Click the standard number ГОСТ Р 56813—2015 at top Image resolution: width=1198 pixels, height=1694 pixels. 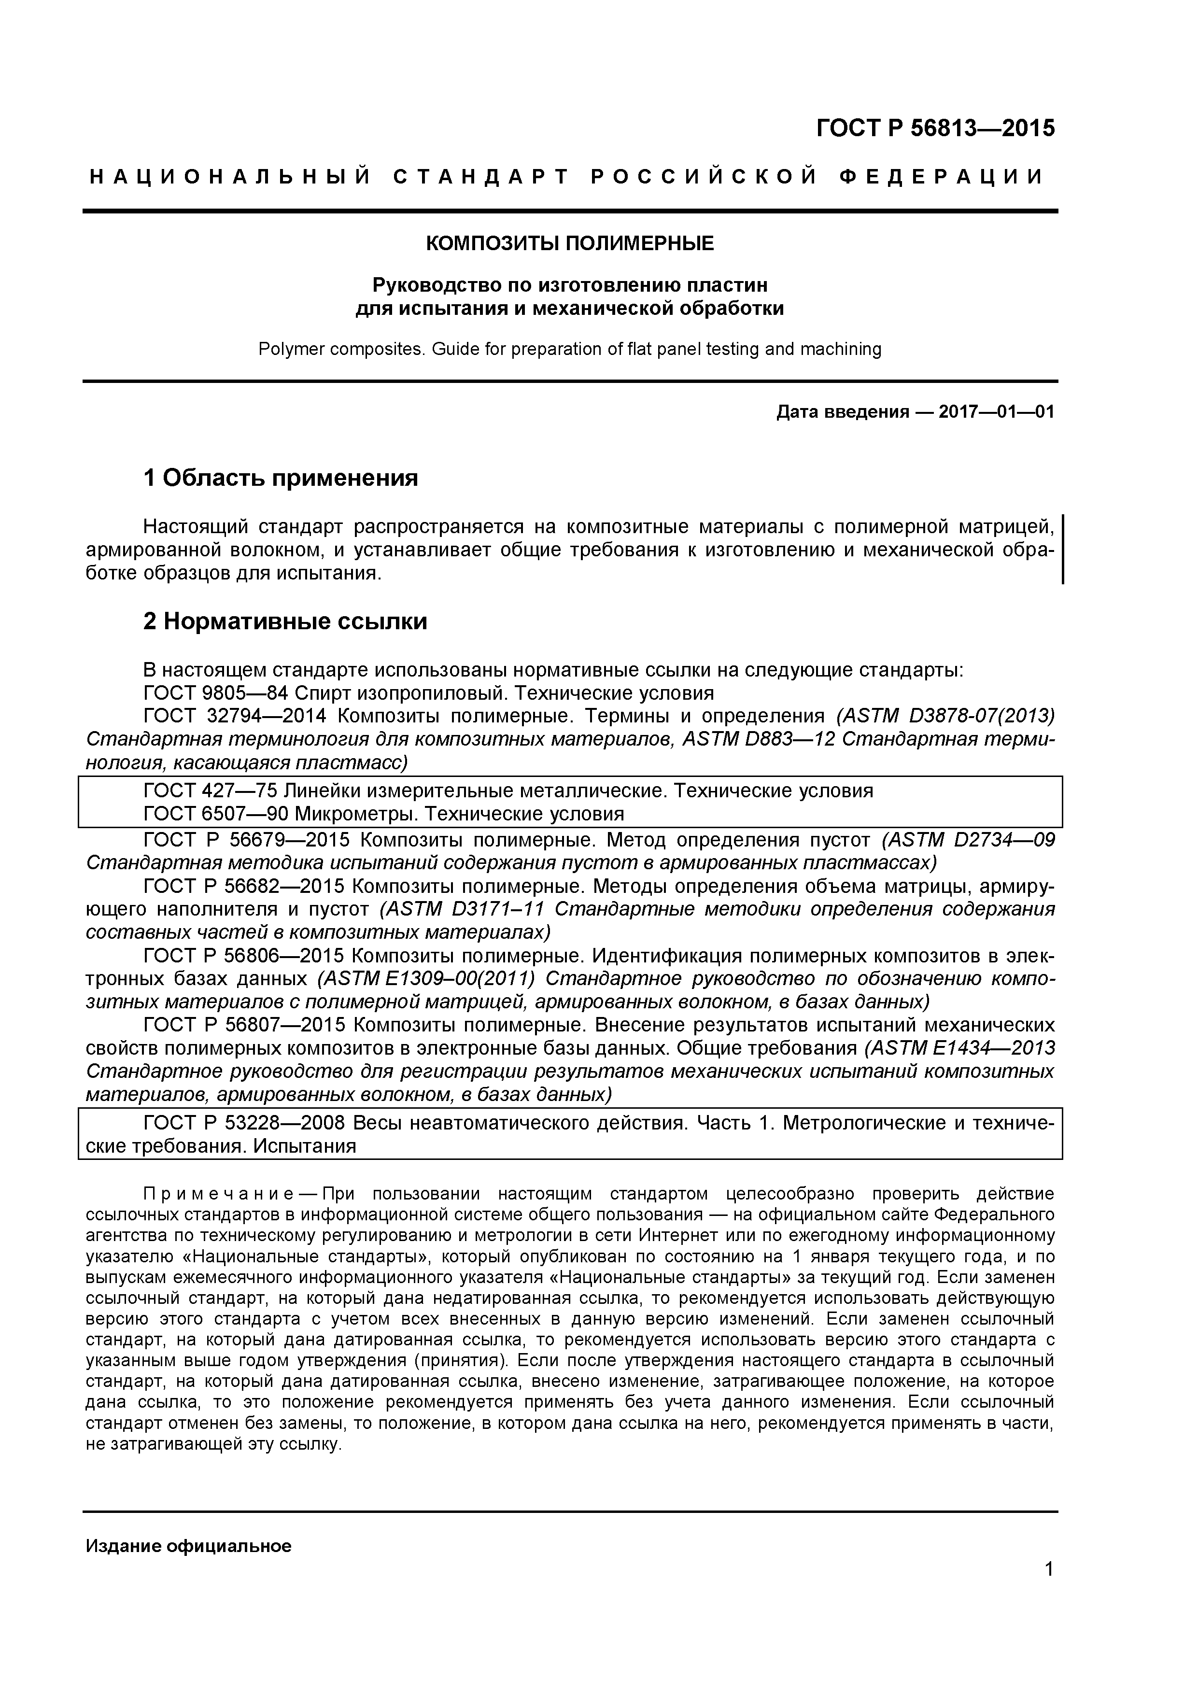click(935, 128)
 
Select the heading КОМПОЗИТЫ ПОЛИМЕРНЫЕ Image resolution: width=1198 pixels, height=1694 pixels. click(569, 243)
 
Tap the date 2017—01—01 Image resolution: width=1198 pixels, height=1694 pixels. click(996, 412)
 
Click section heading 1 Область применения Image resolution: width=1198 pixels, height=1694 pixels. click(281, 478)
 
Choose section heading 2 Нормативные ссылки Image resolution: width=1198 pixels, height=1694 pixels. click(285, 621)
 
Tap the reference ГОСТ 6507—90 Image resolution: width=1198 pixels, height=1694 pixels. click(215, 814)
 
